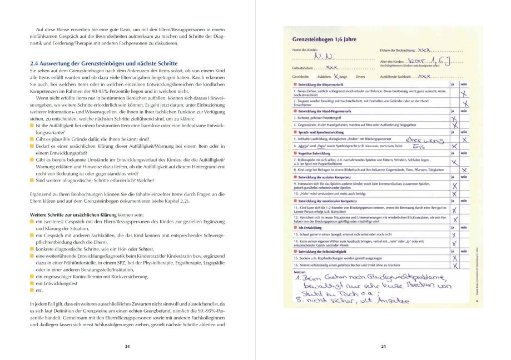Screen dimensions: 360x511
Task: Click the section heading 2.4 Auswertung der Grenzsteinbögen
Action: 103,64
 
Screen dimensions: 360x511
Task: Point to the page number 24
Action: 127,346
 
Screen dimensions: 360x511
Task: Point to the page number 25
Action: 383,346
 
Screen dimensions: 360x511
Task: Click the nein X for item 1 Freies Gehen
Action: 463,93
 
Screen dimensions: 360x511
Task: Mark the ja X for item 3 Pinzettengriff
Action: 454,118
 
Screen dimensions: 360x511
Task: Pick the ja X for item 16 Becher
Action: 454,265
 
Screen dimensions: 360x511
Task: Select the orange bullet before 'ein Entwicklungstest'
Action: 31,283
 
